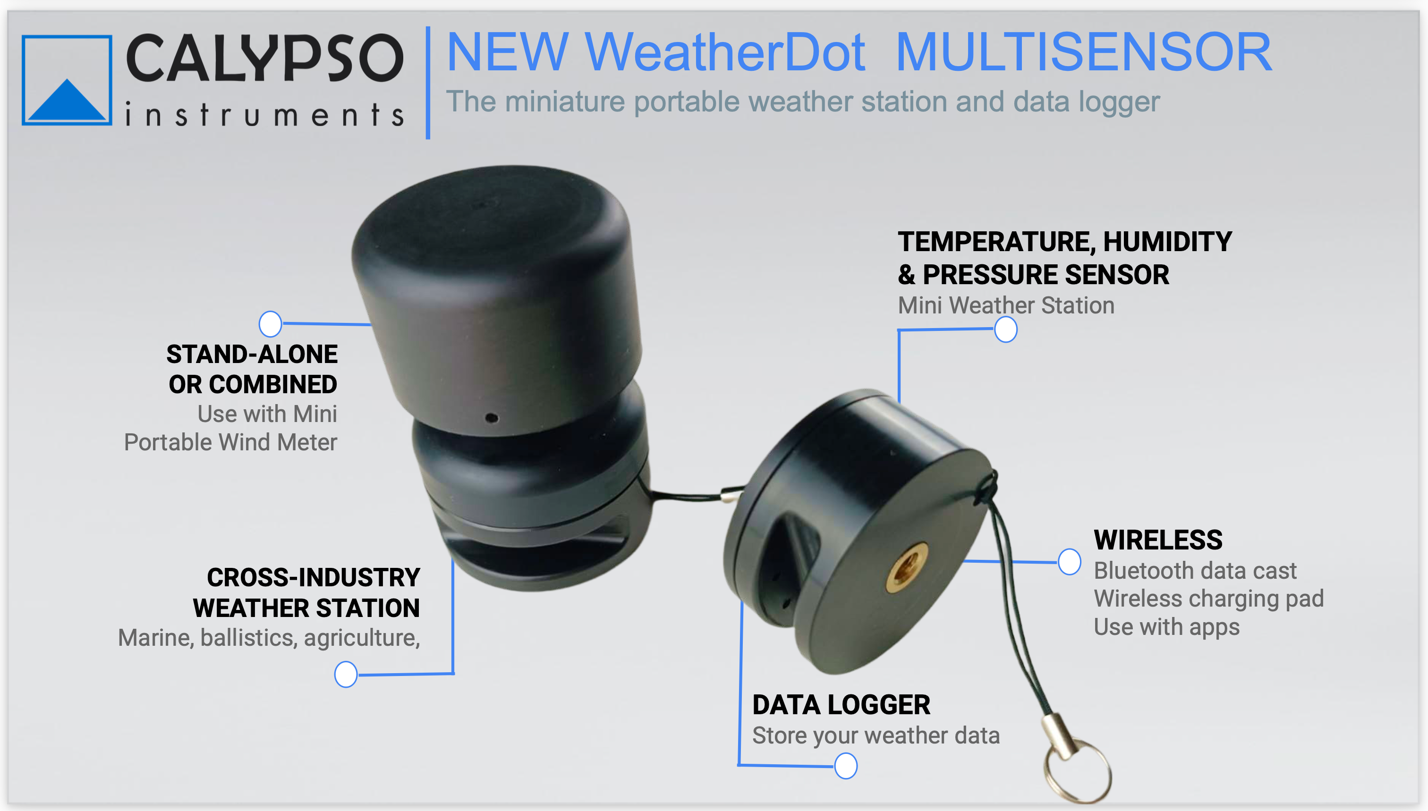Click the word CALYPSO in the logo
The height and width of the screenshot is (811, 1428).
[264, 58]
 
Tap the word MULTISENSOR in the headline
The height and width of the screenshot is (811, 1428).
[1084, 52]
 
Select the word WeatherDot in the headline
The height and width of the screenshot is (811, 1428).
[725, 52]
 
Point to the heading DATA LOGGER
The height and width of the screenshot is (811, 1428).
[841, 705]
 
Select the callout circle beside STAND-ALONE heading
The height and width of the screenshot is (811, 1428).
[270, 324]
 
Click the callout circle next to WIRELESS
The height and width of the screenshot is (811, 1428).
[1069, 561]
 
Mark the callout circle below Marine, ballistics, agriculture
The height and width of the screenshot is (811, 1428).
[346, 675]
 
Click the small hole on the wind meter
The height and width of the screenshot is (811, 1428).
[492, 418]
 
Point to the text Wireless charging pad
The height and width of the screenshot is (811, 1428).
[1208, 599]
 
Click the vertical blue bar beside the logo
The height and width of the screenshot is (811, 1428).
[428, 83]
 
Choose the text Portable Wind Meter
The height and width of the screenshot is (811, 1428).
[230, 442]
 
